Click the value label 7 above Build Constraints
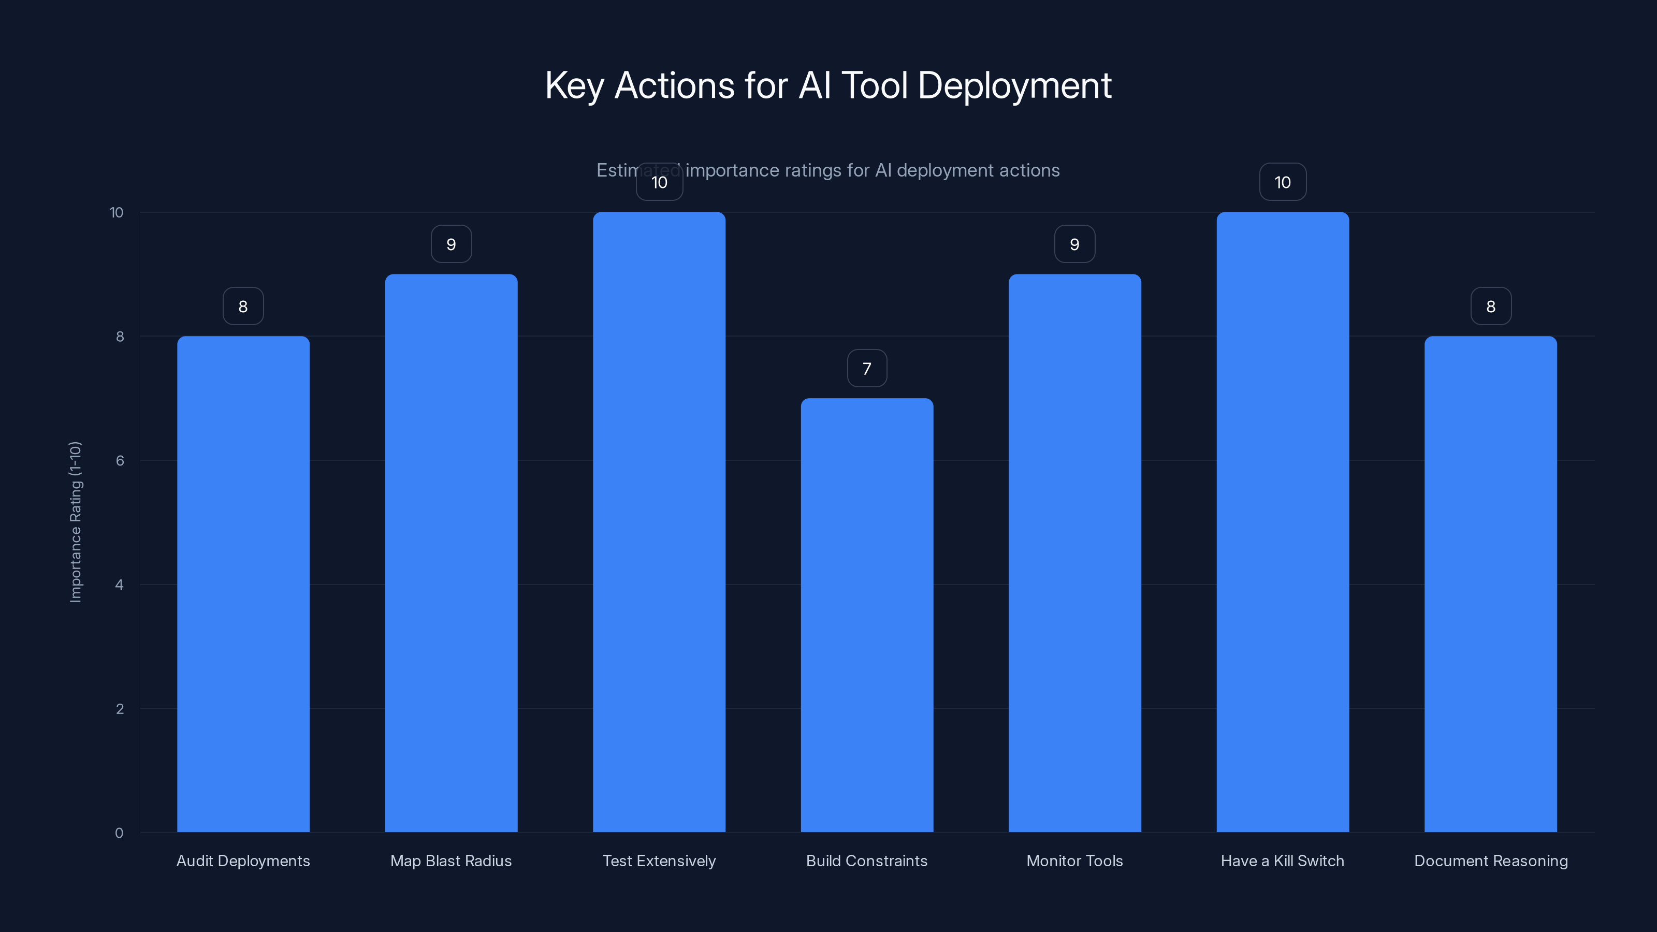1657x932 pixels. coord(866,369)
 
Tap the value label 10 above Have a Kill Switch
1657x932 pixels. coord(1283,182)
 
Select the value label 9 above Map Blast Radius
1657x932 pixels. coord(451,244)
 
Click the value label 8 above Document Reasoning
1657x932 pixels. coord(1490,307)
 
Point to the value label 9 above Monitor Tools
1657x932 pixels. coord(1074,244)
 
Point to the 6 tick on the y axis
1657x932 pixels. coord(120,460)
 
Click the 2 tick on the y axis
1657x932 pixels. coord(120,709)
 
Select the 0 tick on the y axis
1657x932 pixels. coord(119,833)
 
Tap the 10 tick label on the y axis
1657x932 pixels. coord(117,212)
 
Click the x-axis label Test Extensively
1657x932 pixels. coord(659,861)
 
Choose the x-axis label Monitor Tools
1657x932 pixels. coord(1074,861)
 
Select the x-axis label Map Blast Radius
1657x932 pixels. coord(451,861)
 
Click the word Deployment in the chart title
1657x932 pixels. coord(1014,85)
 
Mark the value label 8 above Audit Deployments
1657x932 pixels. coord(243,307)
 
